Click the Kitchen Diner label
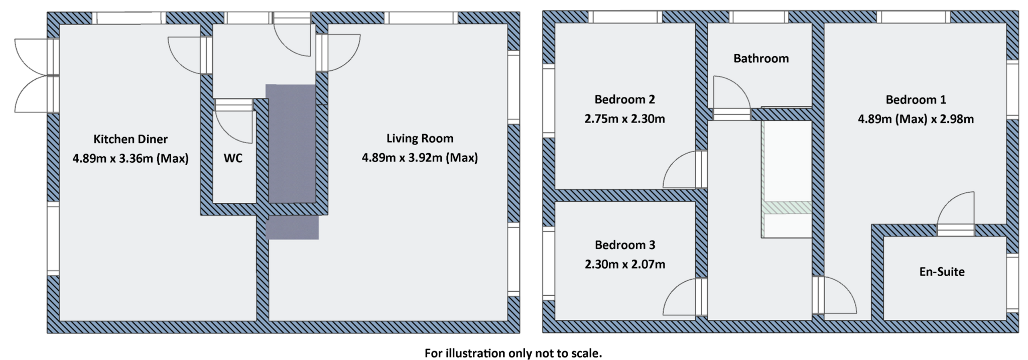point(131,139)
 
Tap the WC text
point(233,158)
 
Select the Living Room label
point(420,139)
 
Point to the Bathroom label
point(761,59)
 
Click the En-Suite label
point(942,272)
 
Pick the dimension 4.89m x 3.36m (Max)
point(131,159)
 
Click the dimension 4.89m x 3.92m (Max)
point(420,158)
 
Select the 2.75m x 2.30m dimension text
point(624,119)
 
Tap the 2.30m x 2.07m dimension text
point(624,264)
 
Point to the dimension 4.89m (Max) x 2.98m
point(916,119)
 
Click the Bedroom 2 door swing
point(680,172)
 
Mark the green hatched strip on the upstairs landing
point(787,207)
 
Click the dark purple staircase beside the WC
point(291,151)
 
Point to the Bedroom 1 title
point(916,99)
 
